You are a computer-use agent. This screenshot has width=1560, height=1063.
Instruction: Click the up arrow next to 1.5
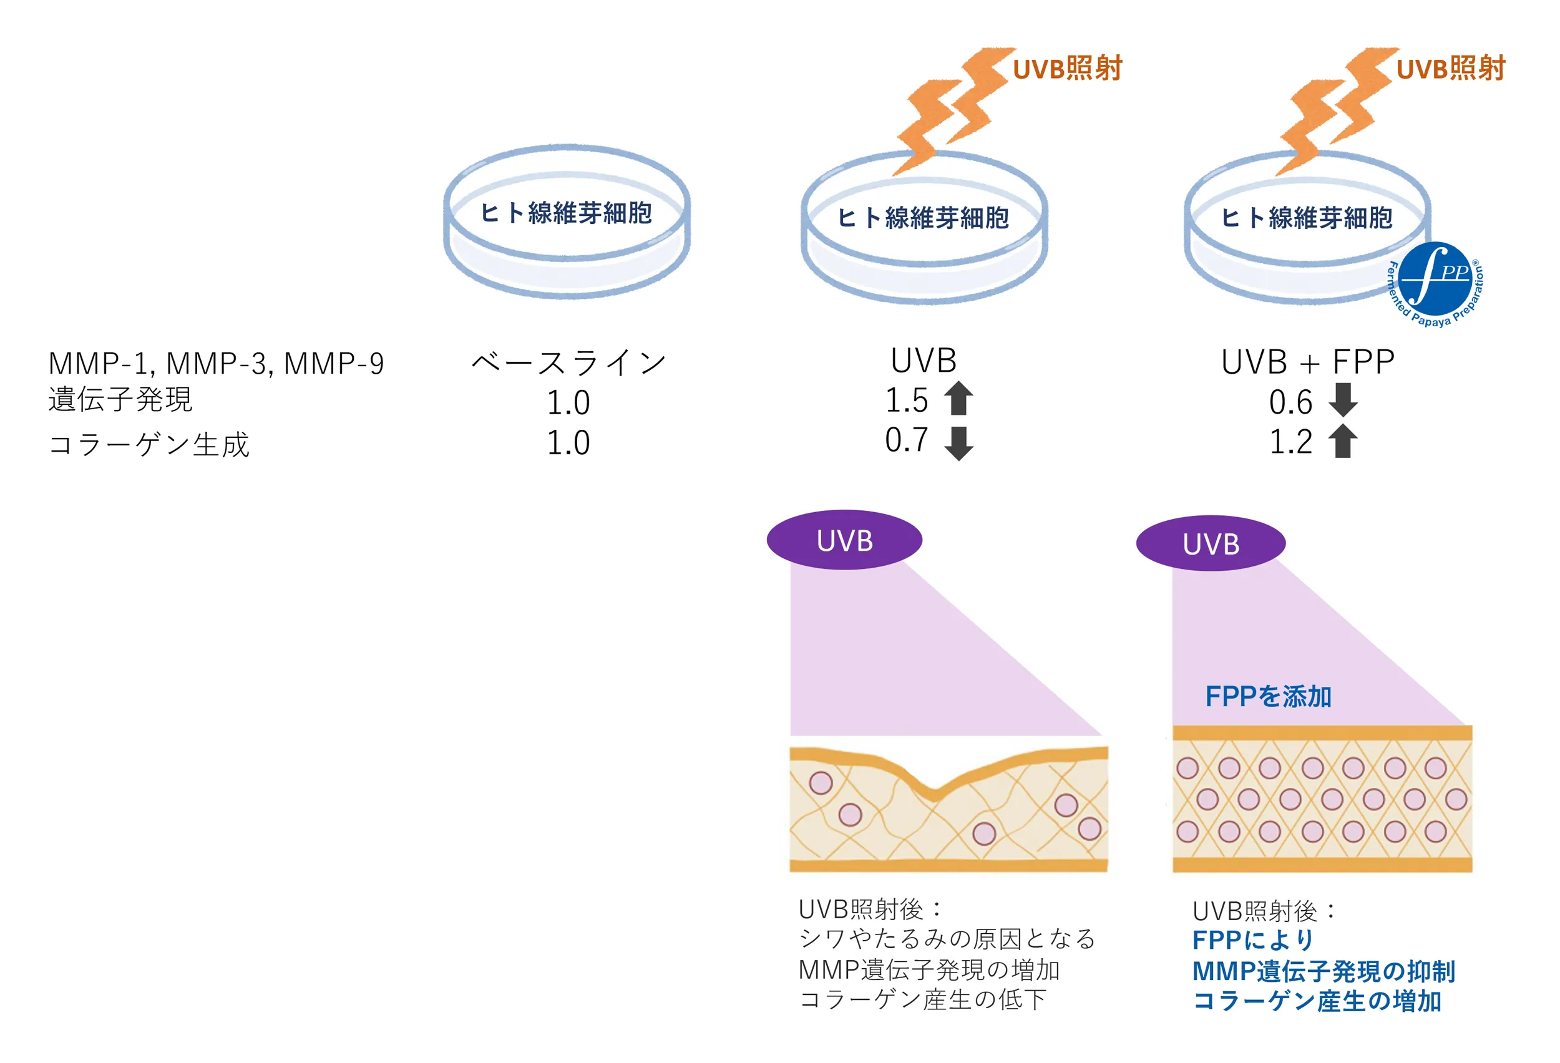click(958, 398)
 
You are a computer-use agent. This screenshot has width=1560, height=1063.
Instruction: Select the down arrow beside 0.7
click(958, 443)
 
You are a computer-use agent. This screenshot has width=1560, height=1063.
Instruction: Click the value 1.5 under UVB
click(906, 400)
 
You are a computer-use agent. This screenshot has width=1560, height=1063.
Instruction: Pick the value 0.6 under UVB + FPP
click(1290, 402)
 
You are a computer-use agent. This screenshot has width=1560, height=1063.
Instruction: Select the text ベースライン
click(568, 362)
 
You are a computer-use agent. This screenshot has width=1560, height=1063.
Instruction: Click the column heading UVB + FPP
click(1308, 362)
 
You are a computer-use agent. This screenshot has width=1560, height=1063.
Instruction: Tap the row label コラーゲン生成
click(149, 444)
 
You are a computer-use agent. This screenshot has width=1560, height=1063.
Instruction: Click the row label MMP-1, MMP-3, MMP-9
click(216, 363)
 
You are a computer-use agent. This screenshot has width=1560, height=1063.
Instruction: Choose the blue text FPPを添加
click(1268, 696)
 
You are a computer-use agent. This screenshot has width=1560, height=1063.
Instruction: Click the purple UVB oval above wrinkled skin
click(844, 540)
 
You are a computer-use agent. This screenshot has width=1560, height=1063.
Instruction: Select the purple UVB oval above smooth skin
click(1211, 543)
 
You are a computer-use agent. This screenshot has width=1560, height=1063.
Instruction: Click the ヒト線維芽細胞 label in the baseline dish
click(566, 213)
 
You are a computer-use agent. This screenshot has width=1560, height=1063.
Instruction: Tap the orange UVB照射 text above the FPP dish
click(1451, 69)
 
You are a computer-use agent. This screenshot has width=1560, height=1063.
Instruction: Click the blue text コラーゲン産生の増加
click(1317, 1001)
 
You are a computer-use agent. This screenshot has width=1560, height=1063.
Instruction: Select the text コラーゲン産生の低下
click(923, 999)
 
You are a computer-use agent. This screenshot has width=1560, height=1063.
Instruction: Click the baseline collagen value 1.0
click(568, 443)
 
